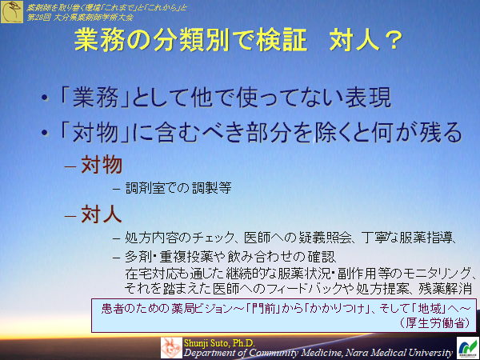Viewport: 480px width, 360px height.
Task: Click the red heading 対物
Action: tap(101, 165)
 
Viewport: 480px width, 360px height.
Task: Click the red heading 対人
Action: tap(101, 214)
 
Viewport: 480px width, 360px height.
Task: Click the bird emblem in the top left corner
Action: tap(12, 12)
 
